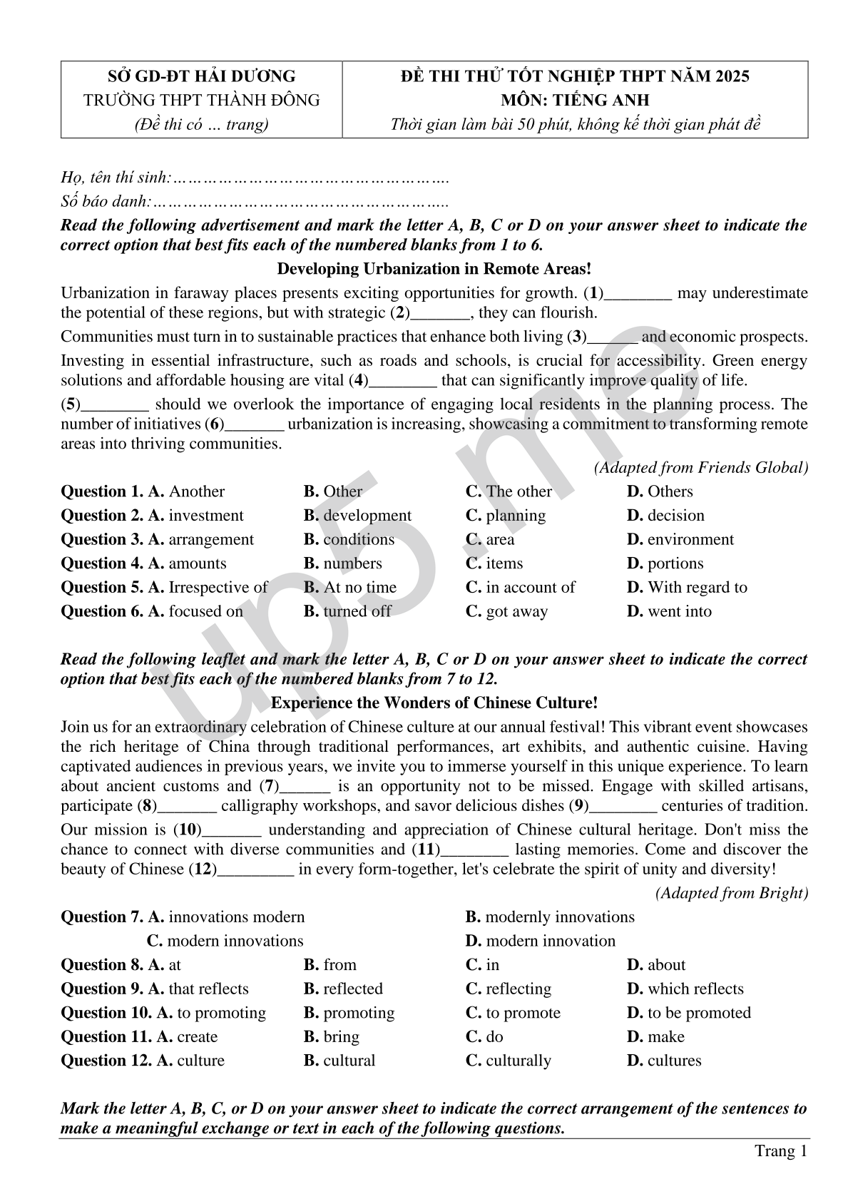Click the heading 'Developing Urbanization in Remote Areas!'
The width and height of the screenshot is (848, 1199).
[434, 269]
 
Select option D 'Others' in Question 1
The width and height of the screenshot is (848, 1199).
[660, 491]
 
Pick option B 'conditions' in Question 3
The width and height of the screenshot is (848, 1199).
[349, 539]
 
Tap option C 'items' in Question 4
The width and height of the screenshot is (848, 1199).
[494, 563]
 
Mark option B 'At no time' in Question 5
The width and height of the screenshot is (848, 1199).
[349, 588]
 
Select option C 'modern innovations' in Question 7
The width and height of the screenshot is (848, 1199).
[225, 941]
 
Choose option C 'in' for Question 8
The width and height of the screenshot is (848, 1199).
[483, 965]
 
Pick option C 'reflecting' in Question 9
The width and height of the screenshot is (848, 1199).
[509, 989]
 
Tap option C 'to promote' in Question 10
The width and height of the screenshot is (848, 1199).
[513, 1013]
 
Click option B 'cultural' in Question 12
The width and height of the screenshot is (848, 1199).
[339, 1061]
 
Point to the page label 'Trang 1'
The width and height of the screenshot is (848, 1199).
[781, 1151]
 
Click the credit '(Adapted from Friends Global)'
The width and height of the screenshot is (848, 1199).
[700, 468]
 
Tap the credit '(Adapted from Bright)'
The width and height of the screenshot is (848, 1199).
[732, 893]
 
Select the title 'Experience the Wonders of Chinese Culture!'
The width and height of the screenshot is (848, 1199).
[434, 703]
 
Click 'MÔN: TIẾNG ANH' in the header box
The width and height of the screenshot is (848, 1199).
[575, 101]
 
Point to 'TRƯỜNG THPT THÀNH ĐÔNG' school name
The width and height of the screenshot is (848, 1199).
[202, 101]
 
